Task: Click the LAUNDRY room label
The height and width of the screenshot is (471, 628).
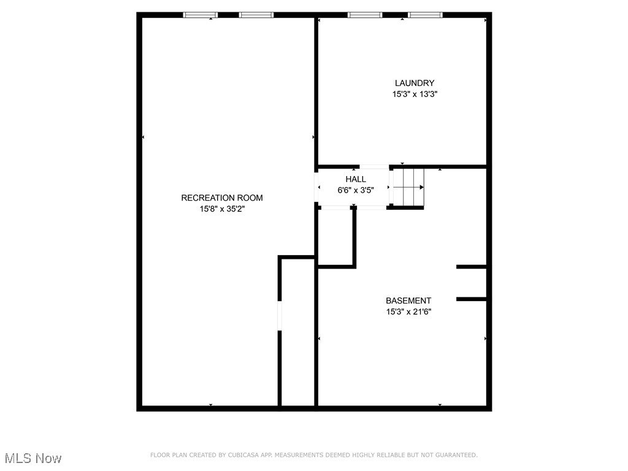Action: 415,83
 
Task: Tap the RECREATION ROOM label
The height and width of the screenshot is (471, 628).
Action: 222,197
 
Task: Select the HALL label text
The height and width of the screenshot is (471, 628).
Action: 356,179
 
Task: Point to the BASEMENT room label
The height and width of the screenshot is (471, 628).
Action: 408,301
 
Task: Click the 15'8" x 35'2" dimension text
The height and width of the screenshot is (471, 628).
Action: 222,209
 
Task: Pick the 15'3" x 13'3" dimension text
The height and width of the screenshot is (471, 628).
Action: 415,94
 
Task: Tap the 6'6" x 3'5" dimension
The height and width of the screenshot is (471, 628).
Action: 356,190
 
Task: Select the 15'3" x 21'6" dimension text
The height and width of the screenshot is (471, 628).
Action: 408,312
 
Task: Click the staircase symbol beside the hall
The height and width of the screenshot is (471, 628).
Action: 408,187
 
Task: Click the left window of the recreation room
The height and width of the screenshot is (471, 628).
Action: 201,15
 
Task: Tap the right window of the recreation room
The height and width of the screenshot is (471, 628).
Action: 256,15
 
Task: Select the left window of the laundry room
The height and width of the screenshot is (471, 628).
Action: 365,15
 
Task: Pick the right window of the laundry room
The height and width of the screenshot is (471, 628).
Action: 425,15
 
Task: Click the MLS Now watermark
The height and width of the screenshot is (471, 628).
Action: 33,458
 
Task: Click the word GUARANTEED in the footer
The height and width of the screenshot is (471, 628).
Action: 455,455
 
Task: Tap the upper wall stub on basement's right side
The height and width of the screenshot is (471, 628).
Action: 472,267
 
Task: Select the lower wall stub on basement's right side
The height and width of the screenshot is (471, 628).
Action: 472,299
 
